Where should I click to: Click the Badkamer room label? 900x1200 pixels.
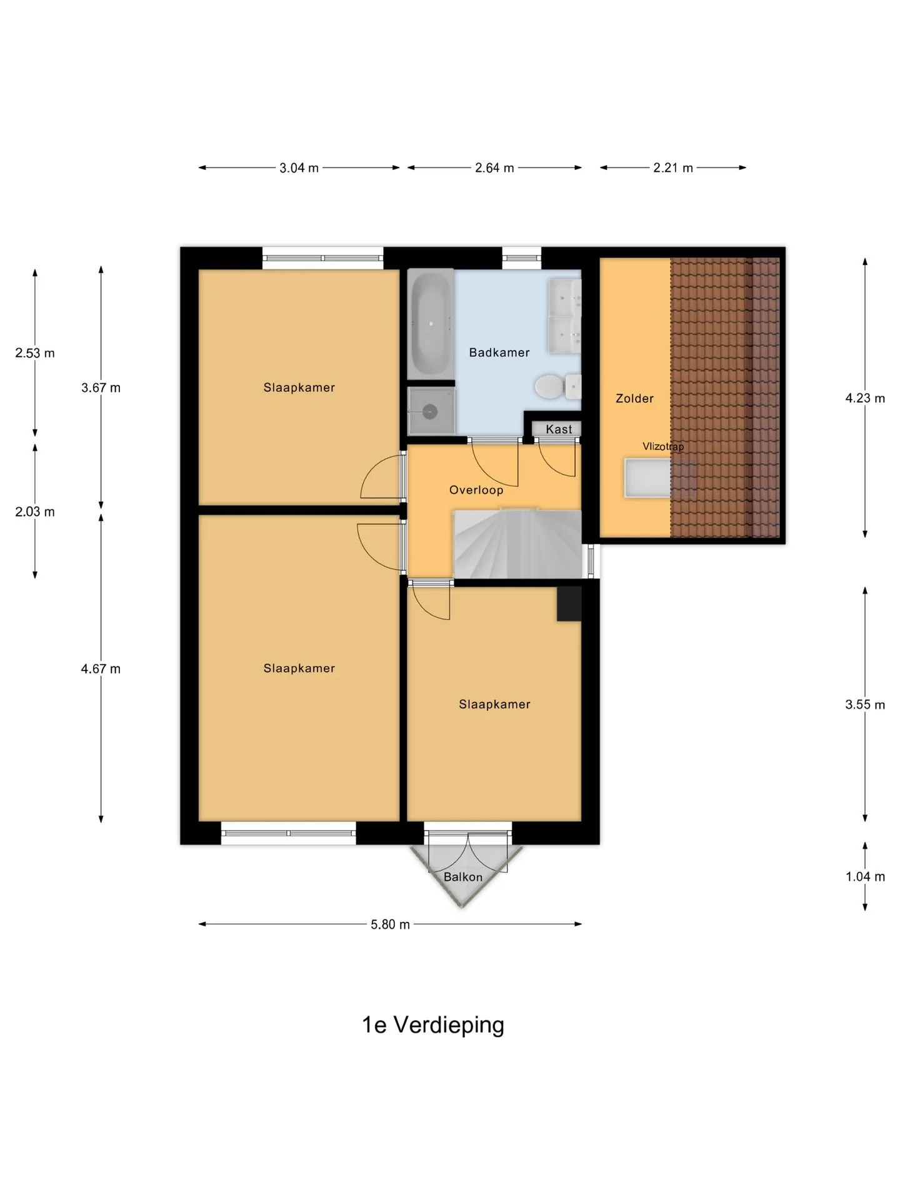(x=499, y=352)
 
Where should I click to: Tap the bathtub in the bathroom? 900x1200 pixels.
(x=431, y=324)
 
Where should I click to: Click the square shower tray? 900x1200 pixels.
(x=431, y=411)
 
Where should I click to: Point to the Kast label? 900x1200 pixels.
(x=559, y=429)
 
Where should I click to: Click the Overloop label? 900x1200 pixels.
(x=476, y=490)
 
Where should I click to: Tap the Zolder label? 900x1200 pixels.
(x=634, y=398)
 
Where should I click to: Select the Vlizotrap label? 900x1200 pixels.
(x=663, y=447)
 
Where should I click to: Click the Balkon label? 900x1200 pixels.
(x=463, y=877)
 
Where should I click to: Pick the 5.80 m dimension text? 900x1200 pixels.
(x=390, y=924)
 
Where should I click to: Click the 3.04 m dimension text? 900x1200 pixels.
(x=299, y=168)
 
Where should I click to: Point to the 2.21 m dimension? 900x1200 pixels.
(x=673, y=168)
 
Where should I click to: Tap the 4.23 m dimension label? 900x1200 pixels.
(x=865, y=398)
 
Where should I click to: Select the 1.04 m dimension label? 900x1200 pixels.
(x=865, y=877)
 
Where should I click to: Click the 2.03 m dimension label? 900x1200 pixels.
(x=35, y=512)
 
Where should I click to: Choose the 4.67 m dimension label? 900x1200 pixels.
(x=101, y=669)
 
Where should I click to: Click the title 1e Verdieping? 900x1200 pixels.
(x=433, y=1025)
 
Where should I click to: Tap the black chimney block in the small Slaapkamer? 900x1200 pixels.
(x=569, y=604)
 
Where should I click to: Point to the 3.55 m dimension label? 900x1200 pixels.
(x=865, y=705)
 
